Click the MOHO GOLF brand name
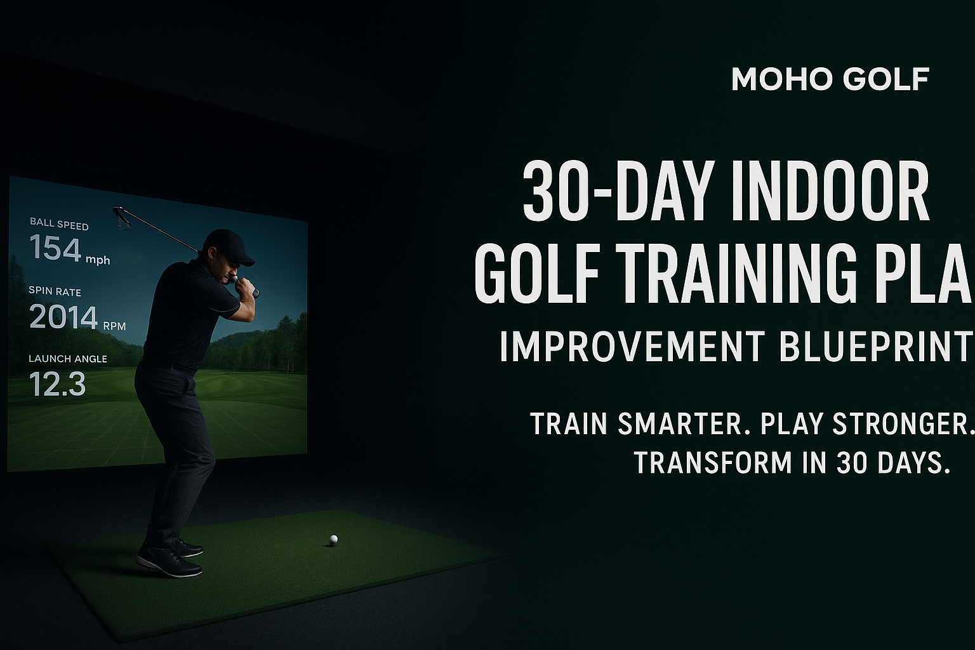click(830, 79)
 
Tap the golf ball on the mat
click(333, 540)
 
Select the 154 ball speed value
click(55, 248)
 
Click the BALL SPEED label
click(59, 225)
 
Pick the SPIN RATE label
click(55, 291)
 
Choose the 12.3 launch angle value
click(57, 384)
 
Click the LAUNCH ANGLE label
click(68, 359)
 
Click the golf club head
click(121, 216)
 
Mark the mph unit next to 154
click(97, 260)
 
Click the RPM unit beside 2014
click(114, 326)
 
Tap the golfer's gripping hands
click(244, 286)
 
